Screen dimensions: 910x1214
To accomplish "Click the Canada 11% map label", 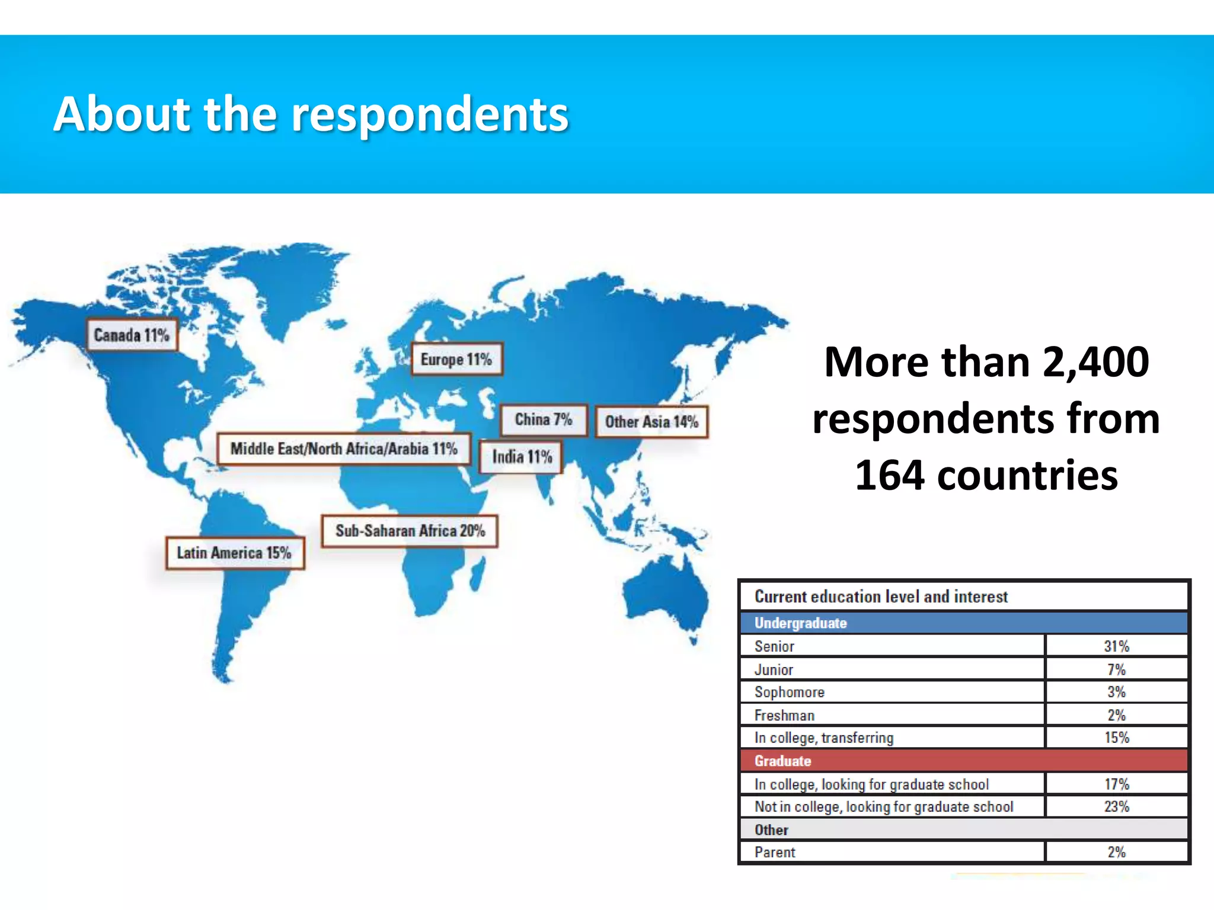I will point(132,335).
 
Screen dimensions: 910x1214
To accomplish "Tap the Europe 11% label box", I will point(456,360).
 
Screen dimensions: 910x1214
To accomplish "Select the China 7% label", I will point(543,420).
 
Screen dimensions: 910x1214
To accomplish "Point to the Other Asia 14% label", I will point(651,422).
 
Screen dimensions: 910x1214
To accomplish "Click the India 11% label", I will point(522,457).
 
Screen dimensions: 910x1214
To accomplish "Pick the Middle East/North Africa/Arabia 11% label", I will point(344,449).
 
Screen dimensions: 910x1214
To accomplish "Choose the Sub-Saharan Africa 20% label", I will point(410,531).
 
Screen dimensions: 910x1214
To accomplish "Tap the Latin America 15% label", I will point(235,553).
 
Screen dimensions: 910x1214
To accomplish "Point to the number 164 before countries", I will point(889,475).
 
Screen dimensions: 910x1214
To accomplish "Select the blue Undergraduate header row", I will point(964,623).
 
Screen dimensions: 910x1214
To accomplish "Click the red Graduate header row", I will point(964,761).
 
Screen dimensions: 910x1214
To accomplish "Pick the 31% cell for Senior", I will point(1116,646).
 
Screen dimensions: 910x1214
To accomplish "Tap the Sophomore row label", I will point(789,692).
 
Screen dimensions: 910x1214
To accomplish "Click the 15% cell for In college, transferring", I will point(1116,738).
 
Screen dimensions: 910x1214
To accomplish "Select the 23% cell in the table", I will point(1116,806).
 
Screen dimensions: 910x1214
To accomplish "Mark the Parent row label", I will point(775,852).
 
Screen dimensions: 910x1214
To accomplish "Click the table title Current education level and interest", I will point(881,597).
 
